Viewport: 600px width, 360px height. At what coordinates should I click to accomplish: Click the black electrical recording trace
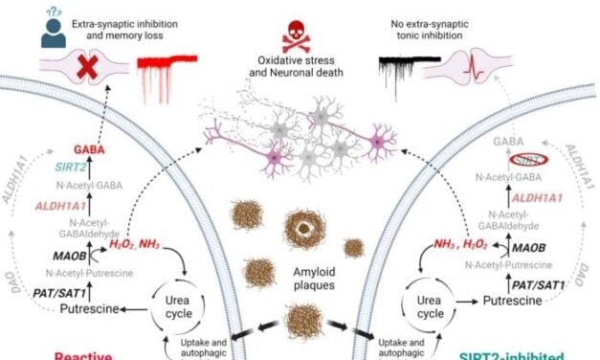406,71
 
